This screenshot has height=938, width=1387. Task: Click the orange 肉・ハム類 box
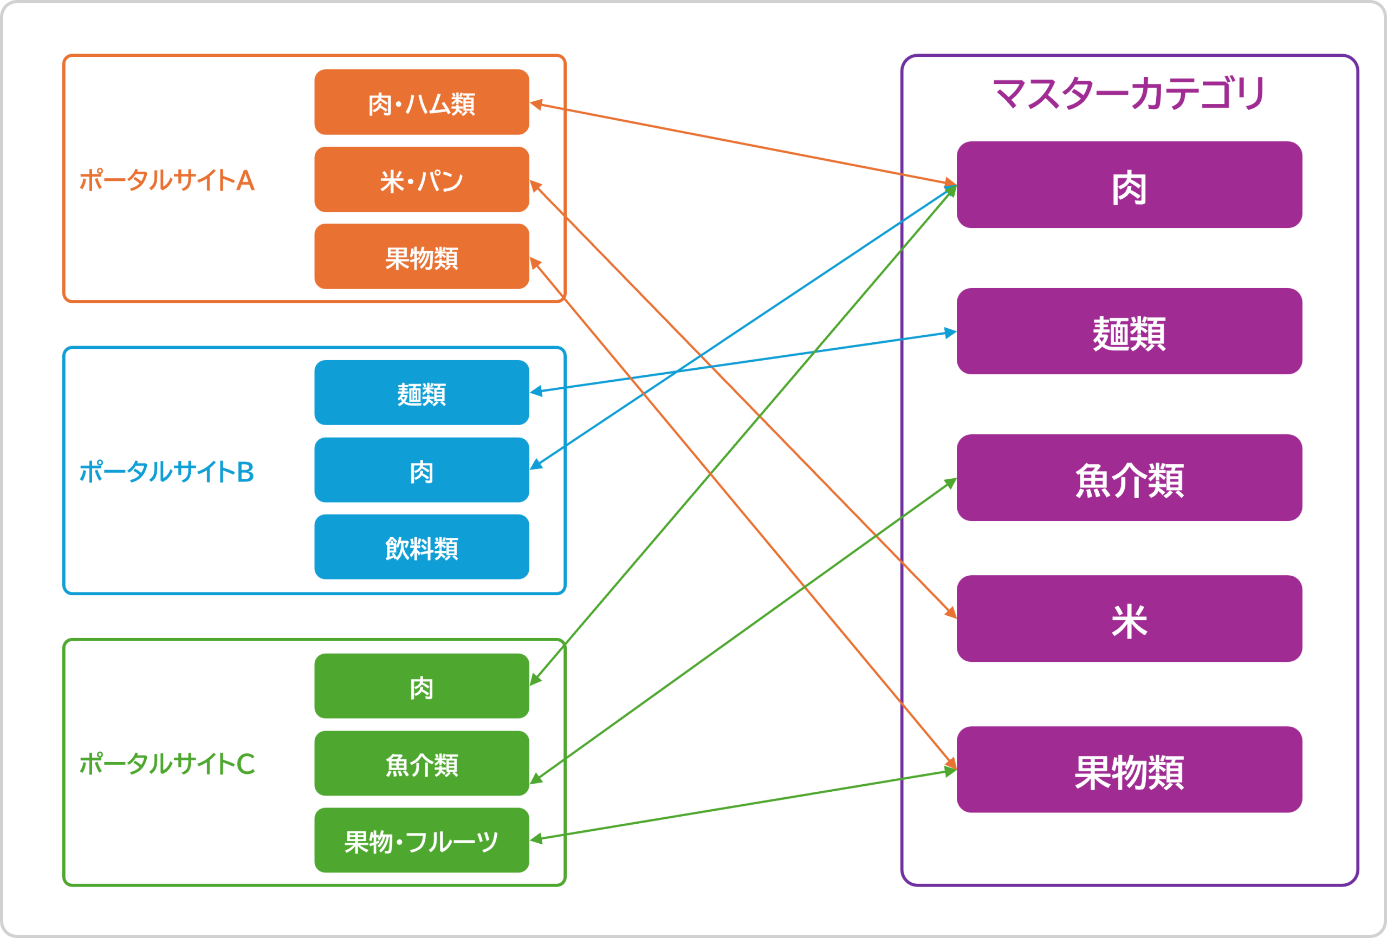click(422, 102)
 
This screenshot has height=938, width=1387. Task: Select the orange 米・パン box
click(422, 179)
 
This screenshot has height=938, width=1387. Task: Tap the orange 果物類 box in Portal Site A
click(422, 256)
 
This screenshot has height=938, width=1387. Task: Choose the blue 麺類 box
click(422, 392)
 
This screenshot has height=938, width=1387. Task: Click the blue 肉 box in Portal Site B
click(422, 470)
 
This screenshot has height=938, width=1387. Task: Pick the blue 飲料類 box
click(422, 546)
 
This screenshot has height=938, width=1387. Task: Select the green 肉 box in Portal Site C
click(422, 686)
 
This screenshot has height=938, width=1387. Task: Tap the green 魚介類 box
click(422, 763)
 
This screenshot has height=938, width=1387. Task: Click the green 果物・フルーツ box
click(422, 840)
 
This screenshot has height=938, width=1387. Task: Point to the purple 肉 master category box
click(1129, 185)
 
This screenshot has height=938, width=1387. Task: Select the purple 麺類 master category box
click(1129, 331)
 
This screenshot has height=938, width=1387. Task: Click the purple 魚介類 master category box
click(1129, 477)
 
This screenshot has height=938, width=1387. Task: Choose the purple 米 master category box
click(1129, 619)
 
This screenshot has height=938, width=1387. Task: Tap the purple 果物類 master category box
click(1129, 770)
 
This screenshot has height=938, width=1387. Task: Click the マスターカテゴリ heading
click(1129, 94)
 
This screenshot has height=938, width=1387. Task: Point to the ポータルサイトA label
click(167, 180)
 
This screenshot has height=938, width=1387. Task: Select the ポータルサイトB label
click(167, 471)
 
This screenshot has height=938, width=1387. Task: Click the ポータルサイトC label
click(167, 763)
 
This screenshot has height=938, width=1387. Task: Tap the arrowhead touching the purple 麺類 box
click(950, 333)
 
